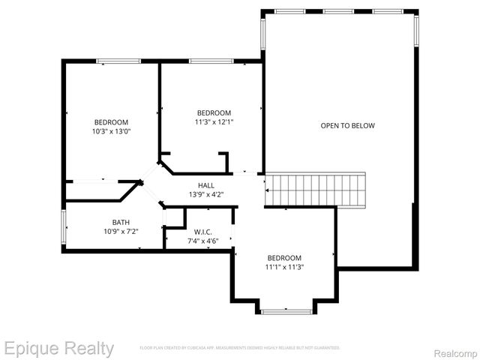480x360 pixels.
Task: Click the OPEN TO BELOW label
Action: click(x=347, y=125)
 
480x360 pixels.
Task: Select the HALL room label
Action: click(x=206, y=185)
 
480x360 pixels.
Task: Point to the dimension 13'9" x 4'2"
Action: click(x=206, y=195)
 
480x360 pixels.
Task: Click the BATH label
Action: click(x=121, y=222)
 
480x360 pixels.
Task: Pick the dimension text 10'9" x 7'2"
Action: click(x=121, y=232)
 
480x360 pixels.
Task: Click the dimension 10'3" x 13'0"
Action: click(x=111, y=132)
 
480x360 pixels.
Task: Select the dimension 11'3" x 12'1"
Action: click(x=214, y=122)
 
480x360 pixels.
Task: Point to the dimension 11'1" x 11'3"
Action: click(x=284, y=266)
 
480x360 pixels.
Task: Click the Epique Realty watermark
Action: click(x=58, y=349)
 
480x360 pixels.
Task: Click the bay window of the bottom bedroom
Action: click(x=286, y=310)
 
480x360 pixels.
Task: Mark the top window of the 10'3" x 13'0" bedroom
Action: click(x=119, y=61)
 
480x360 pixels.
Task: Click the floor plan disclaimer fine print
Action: click(x=240, y=348)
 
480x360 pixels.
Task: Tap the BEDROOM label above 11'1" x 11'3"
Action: click(x=284, y=256)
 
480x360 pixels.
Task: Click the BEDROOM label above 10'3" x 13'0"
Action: click(x=111, y=122)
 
